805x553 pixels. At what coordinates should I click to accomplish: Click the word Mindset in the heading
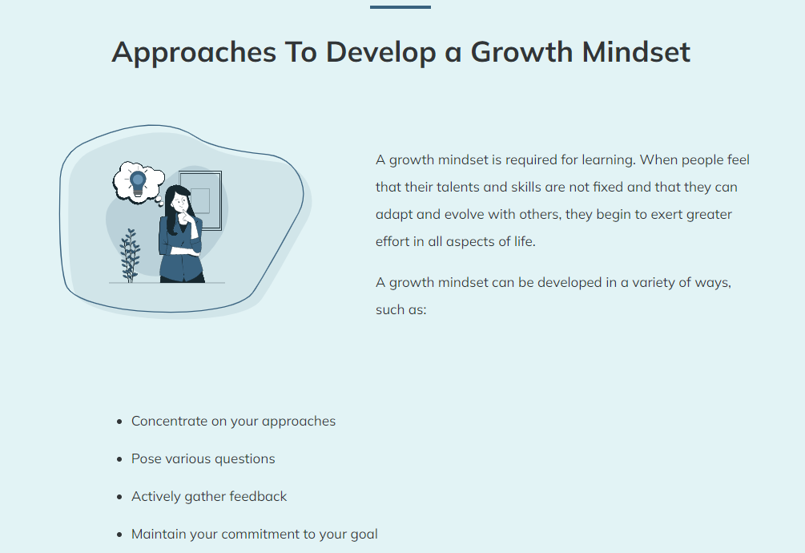pyautogui.click(x=635, y=52)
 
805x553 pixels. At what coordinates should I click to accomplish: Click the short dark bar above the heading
pyautogui.click(x=400, y=7)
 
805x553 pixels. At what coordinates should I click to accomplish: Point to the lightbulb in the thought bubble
pyautogui.click(x=138, y=183)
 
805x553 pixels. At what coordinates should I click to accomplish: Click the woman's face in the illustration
pyautogui.click(x=180, y=201)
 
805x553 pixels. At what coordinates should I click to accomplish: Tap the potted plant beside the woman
pyautogui.click(x=130, y=255)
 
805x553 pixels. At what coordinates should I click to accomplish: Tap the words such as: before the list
pyautogui.click(x=401, y=310)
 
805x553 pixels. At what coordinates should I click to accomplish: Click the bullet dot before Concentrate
pyautogui.click(x=119, y=422)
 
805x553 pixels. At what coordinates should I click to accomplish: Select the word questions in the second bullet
pyautogui.click(x=245, y=459)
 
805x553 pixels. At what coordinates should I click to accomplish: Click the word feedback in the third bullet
pyautogui.click(x=258, y=497)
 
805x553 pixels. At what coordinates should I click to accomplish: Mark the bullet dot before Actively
pyautogui.click(x=119, y=497)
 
